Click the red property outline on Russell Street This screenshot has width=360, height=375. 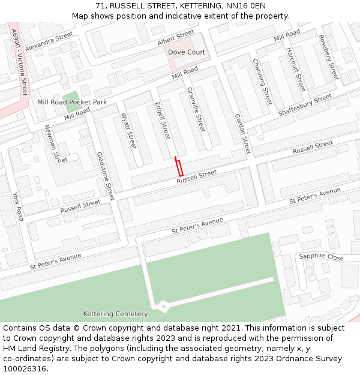point(179,167)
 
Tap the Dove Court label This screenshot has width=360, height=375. point(186,52)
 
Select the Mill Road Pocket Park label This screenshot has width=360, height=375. point(72,102)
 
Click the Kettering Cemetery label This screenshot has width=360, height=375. point(115,314)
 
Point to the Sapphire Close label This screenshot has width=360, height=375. point(321,256)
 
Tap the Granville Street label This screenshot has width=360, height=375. point(196,109)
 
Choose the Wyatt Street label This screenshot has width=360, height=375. point(129,131)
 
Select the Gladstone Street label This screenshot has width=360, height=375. point(105,176)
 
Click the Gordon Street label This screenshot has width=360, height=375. point(242,133)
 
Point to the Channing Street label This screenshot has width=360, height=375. point(262,81)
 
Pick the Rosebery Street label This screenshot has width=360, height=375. point(329,58)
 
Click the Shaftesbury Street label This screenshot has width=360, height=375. point(305,105)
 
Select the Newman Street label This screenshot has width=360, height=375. point(53,144)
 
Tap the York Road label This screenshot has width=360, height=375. point(18,206)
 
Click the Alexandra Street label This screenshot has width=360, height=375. point(49,42)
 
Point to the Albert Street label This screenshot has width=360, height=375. point(176,38)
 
